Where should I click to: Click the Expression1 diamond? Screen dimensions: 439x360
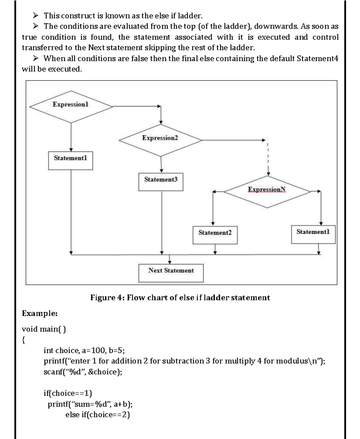[x=71, y=107]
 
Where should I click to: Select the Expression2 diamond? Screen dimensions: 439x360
[x=160, y=140]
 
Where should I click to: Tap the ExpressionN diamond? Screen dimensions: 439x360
[x=267, y=192]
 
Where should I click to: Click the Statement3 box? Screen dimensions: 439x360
[x=161, y=182]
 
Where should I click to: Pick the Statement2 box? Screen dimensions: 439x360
[x=215, y=235]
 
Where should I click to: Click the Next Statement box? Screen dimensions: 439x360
[x=171, y=273]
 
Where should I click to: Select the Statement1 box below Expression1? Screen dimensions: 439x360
[x=70, y=160]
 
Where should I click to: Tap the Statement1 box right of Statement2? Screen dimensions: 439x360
[x=313, y=234]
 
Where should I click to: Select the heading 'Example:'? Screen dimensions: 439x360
[x=40, y=313]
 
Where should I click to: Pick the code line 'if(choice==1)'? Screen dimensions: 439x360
[x=68, y=393]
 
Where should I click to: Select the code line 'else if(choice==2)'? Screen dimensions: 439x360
[x=97, y=415]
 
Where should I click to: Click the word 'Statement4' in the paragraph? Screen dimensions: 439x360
[x=317, y=59]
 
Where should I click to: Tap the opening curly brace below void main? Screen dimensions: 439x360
[x=24, y=340]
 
